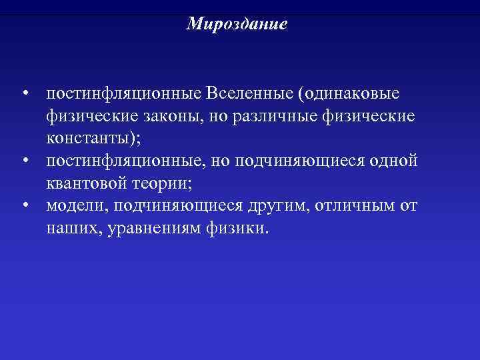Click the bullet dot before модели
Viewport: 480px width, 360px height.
(24, 206)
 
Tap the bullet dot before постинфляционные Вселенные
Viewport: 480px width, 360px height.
(24, 93)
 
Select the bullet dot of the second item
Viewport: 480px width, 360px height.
(24, 161)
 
